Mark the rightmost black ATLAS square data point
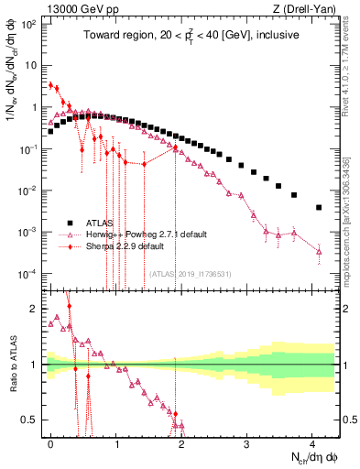click(318, 208)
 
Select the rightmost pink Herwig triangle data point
click(318, 250)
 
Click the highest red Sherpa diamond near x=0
click(51, 84)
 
